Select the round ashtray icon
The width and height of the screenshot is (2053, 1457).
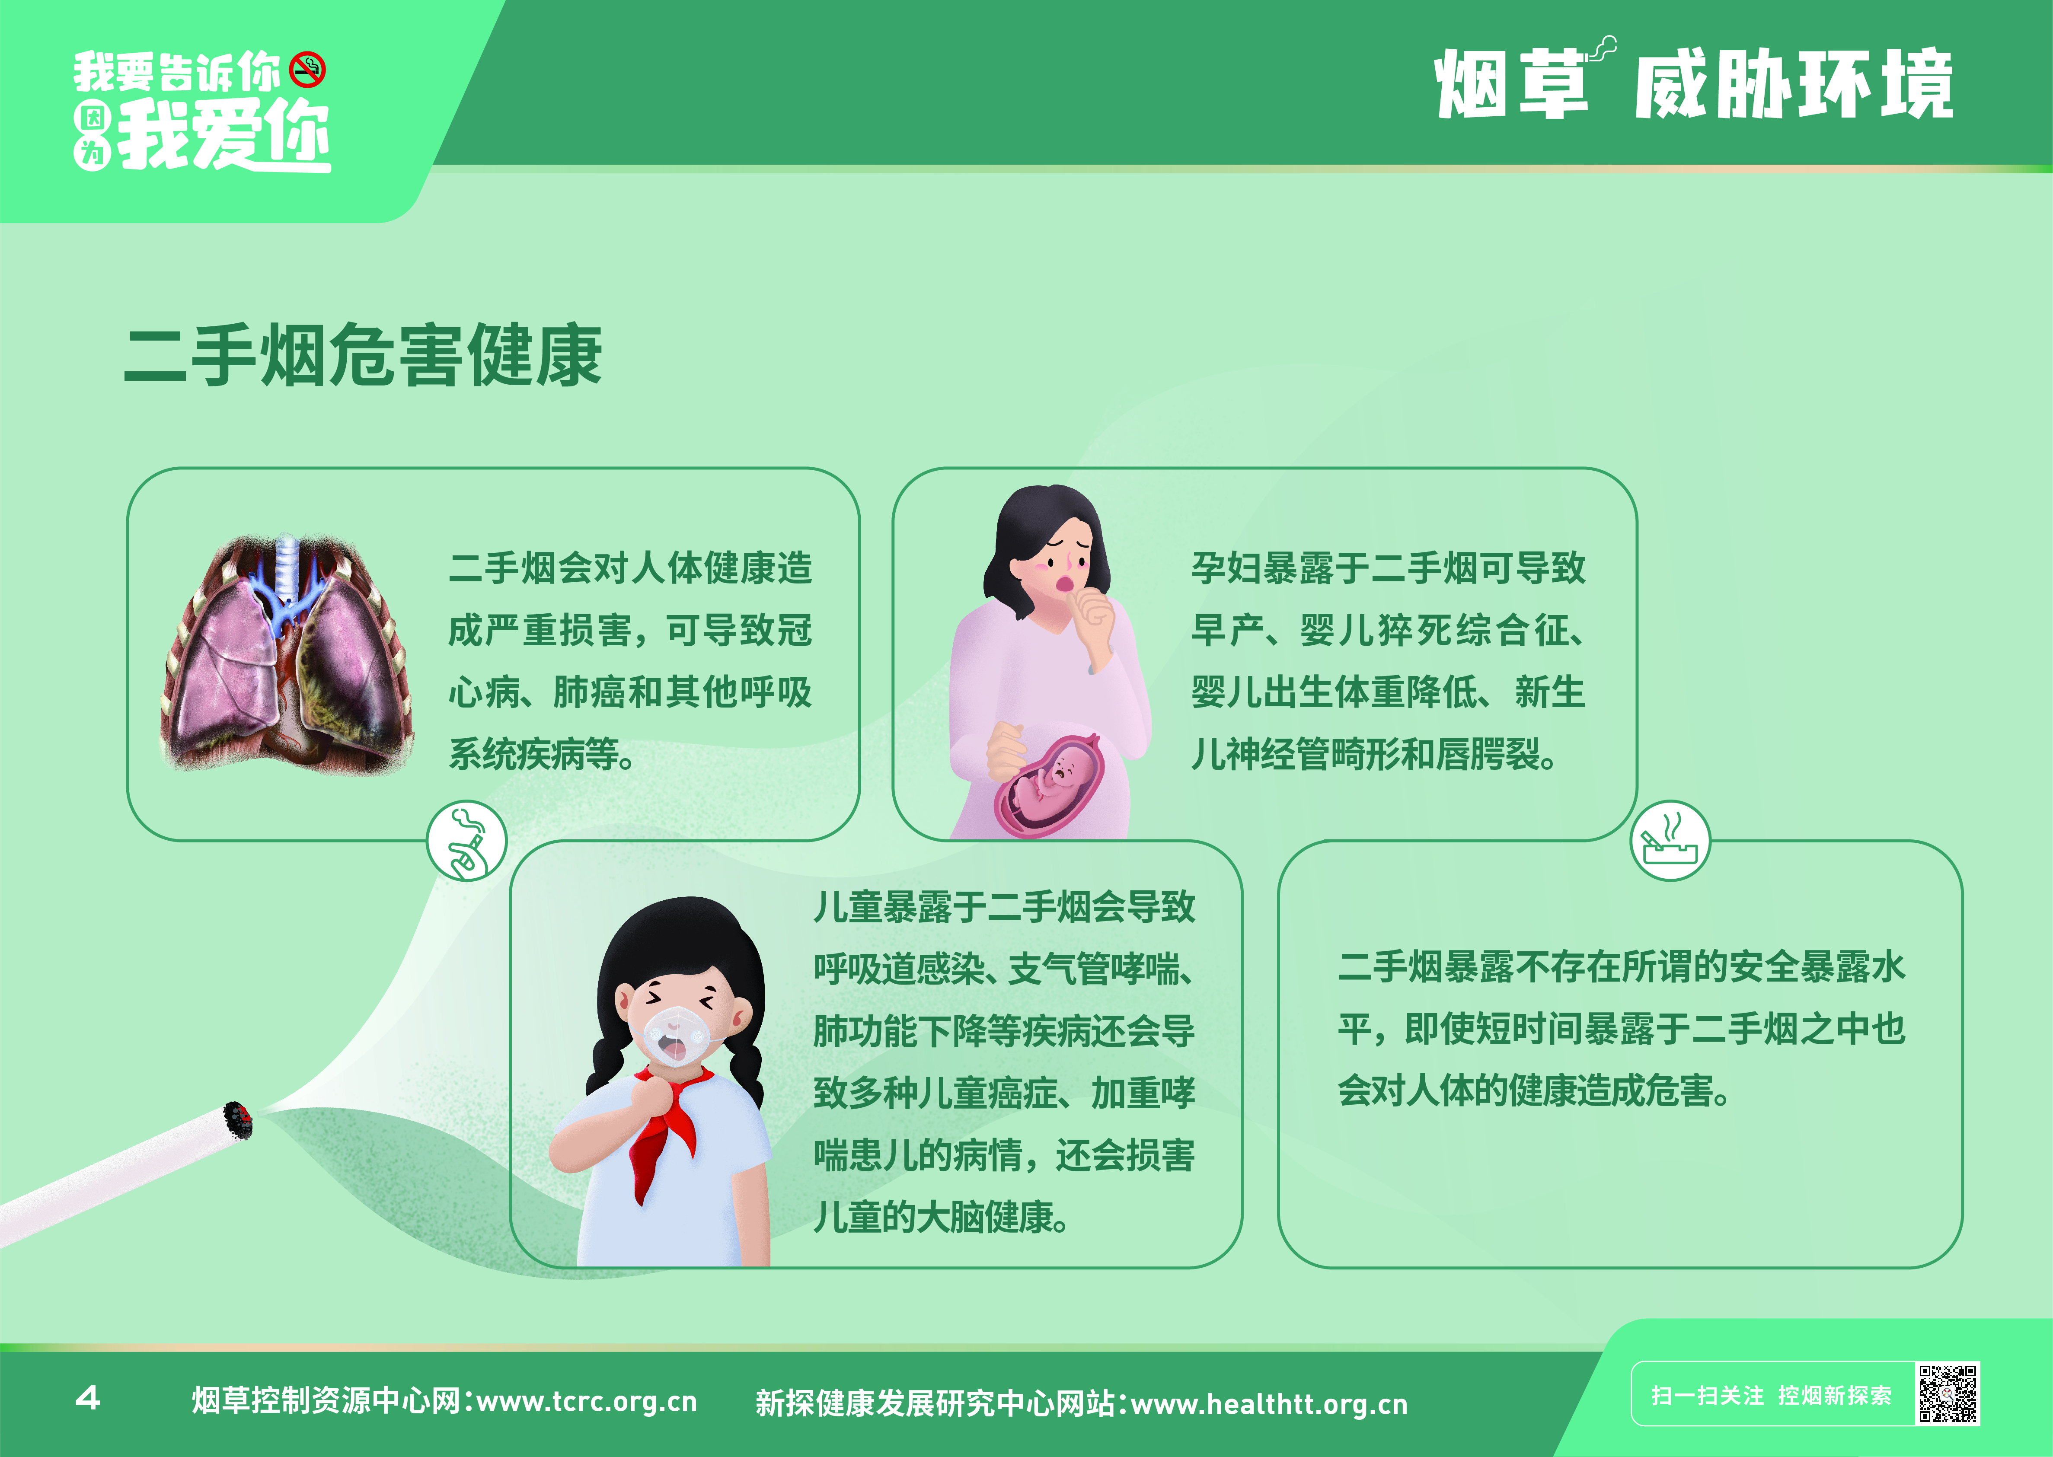1670,841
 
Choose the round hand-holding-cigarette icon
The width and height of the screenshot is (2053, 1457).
466,841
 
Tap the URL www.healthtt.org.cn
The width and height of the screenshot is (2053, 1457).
1270,1403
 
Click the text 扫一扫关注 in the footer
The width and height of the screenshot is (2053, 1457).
1708,1395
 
